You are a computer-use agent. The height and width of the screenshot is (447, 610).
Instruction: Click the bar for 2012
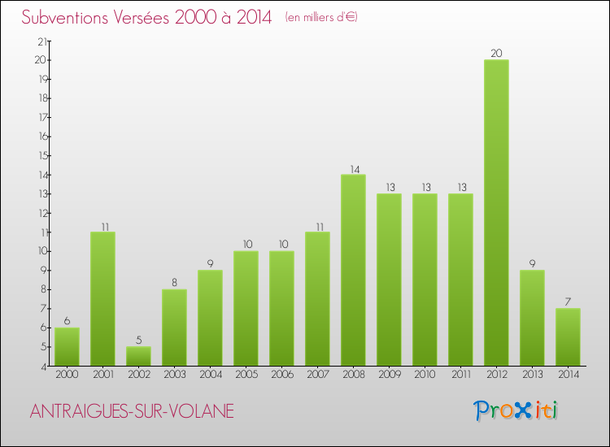(x=496, y=213)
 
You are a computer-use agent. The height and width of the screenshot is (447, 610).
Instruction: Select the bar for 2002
(x=138, y=356)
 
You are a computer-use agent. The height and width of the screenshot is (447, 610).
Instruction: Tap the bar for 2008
(x=353, y=270)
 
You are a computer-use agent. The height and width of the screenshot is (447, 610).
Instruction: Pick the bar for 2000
(x=67, y=347)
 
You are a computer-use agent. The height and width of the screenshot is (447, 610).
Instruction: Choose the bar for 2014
(x=568, y=337)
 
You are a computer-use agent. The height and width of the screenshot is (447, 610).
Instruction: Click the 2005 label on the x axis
(x=246, y=375)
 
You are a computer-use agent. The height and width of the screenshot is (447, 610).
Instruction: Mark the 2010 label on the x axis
(x=425, y=375)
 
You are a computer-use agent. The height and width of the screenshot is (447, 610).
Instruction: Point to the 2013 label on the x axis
(x=532, y=375)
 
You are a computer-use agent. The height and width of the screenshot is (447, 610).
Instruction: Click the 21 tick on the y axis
(x=41, y=41)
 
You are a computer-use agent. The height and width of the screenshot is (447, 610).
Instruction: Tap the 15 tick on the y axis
(x=41, y=156)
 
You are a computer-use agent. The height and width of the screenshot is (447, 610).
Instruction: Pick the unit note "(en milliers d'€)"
(x=321, y=18)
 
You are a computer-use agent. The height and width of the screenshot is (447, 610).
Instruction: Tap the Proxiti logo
(x=516, y=410)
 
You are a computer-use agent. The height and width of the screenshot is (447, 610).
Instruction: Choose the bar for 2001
(x=102, y=299)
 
